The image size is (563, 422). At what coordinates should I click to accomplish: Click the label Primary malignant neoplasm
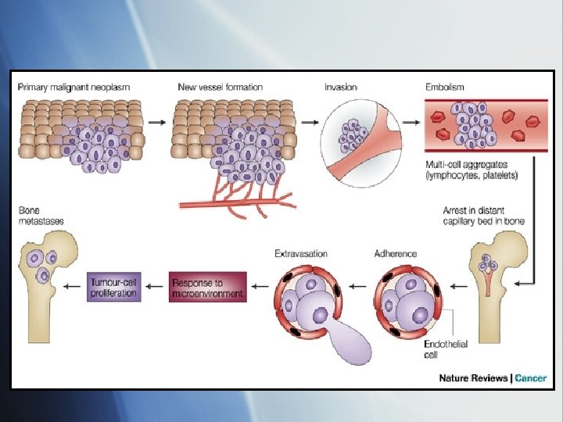click(x=74, y=87)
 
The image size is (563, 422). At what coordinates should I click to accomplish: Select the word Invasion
click(x=341, y=87)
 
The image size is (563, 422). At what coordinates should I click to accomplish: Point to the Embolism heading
click(x=447, y=87)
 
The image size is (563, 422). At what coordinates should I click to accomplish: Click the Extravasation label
click(x=301, y=253)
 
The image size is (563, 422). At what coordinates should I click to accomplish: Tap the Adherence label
click(x=396, y=253)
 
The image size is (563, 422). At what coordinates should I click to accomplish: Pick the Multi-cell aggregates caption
click(x=472, y=170)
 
